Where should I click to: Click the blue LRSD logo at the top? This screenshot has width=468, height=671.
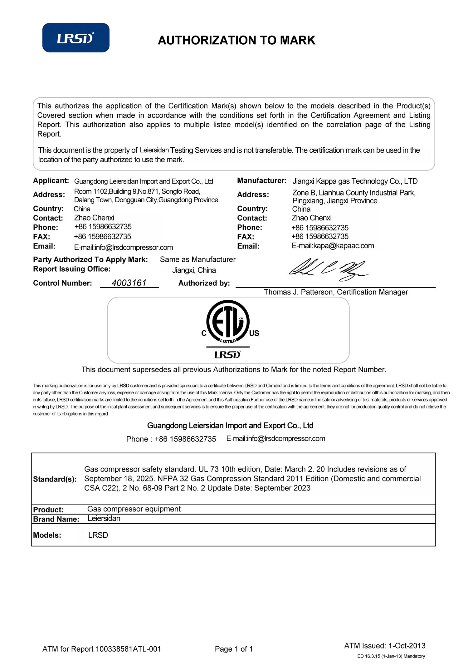tap(76, 38)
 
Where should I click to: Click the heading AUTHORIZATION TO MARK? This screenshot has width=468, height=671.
tap(236, 40)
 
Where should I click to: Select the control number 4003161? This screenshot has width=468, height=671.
tap(129, 283)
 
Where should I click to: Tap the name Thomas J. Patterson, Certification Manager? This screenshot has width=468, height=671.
tap(336, 292)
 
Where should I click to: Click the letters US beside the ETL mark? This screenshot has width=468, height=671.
tap(254, 333)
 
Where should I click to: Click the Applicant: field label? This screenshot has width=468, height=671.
tap(51, 181)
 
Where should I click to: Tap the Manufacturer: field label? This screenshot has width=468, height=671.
tap(261, 181)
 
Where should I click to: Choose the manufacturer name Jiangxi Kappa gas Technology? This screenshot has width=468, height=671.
tap(355, 181)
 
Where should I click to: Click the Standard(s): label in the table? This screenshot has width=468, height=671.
tap(55, 479)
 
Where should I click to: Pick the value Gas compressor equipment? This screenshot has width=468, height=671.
tap(134, 509)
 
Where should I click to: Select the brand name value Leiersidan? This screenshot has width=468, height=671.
tap(104, 519)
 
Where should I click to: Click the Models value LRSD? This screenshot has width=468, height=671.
tap(98, 535)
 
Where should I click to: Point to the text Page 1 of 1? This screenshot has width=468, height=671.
tap(234, 649)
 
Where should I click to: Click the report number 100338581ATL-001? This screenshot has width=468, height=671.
tap(128, 649)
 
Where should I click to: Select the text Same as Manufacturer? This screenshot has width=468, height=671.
tap(197, 259)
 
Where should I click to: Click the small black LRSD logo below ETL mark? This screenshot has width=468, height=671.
tap(228, 355)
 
